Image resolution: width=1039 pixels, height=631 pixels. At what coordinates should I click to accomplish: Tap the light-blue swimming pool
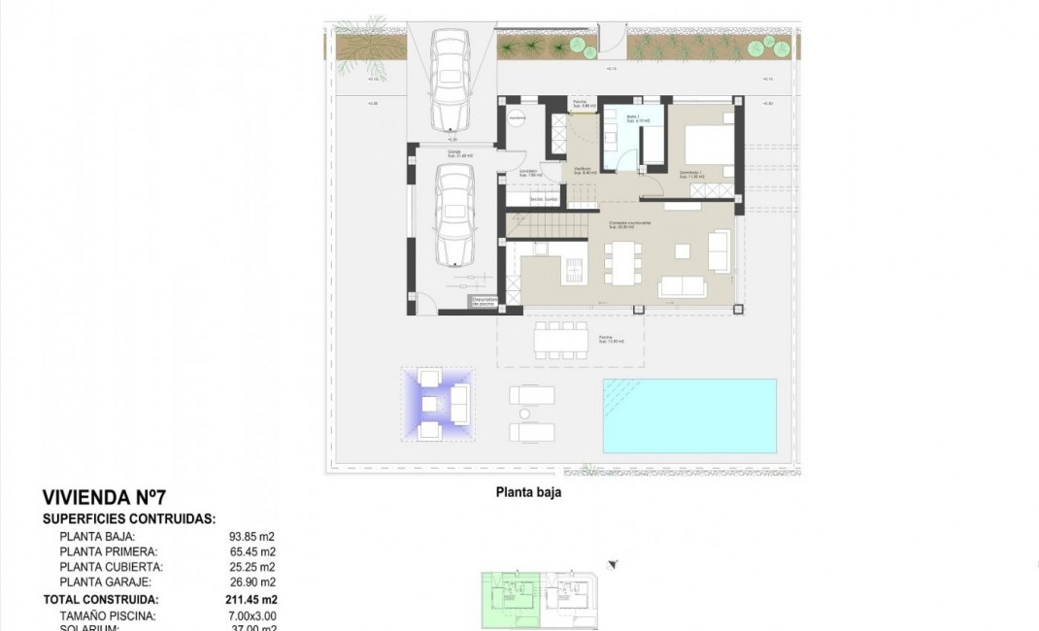pyautogui.click(x=689, y=415)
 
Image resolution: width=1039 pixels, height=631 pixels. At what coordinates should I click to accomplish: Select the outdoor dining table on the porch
pyautogui.click(x=561, y=341)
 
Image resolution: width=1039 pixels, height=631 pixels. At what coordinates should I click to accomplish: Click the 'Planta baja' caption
pyautogui.click(x=528, y=492)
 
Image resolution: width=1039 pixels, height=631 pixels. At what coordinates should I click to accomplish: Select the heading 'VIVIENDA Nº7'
pyautogui.click(x=97, y=498)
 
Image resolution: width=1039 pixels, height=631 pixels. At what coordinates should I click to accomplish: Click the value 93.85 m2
pyautogui.click(x=251, y=536)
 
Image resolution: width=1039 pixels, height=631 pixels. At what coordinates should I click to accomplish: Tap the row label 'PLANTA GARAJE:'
pyautogui.click(x=104, y=582)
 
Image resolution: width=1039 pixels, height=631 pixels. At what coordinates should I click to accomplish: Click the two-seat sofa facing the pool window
pyautogui.click(x=682, y=286)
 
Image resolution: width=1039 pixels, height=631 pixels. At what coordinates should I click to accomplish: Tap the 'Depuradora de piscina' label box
pyautogui.click(x=485, y=303)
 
